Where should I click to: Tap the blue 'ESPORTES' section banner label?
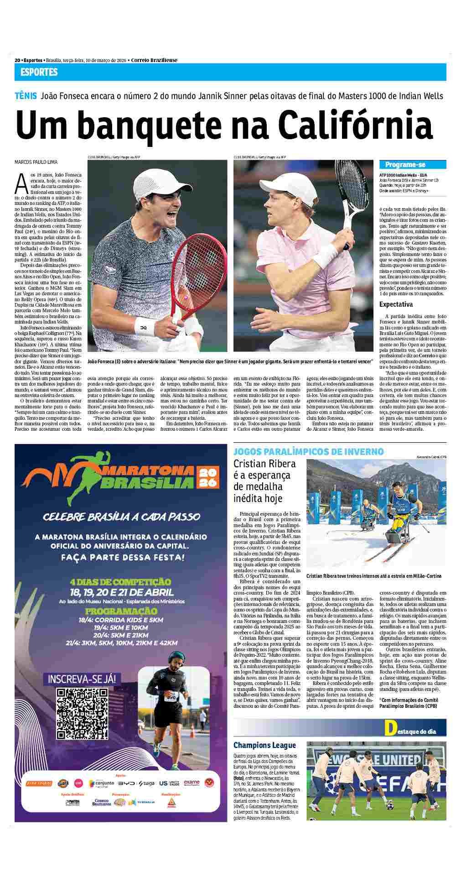(x=39, y=72)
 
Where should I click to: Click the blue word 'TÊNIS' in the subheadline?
(x=26, y=96)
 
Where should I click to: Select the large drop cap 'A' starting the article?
(x=21, y=183)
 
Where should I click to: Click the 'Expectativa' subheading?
(x=396, y=304)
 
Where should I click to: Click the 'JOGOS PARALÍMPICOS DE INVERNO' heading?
(x=308, y=451)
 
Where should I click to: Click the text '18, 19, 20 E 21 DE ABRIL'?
(x=120, y=593)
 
